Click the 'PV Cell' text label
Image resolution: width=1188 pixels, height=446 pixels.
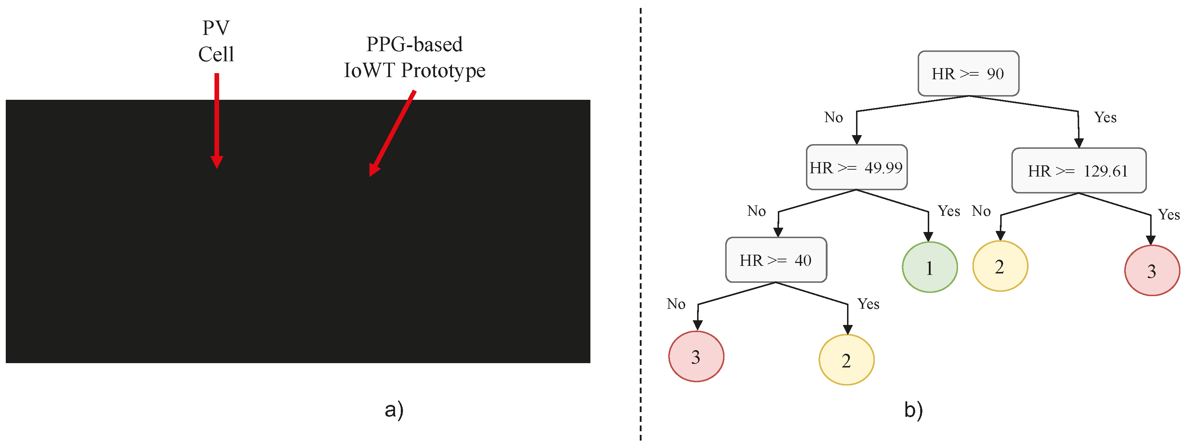click(x=216, y=41)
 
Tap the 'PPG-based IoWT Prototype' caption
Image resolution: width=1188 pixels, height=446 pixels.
click(x=414, y=58)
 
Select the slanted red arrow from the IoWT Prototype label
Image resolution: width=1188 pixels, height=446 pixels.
click(x=393, y=133)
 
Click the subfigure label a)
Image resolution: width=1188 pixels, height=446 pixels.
click(x=394, y=410)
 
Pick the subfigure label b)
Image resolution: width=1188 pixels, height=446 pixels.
click(x=913, y=410)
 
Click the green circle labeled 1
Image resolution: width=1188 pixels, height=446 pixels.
click(x=929, y=268)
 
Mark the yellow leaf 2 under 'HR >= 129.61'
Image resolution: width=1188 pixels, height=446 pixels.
click(x=1000, y=267)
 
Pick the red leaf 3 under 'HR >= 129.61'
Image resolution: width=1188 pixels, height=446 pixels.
click(x=1152, y=271)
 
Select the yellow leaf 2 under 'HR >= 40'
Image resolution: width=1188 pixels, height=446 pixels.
click(x=846, y=360)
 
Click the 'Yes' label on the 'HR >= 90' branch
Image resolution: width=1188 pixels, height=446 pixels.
click(x=1105, y=117)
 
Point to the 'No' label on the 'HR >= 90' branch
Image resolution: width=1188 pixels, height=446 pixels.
click(x=833, y=117)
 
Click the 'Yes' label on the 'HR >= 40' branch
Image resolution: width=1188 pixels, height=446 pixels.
click(x=868, y=304)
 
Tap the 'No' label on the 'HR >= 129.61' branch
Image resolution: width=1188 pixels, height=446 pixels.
click(x=981, y=211)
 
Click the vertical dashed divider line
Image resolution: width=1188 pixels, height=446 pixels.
click(x=640, y=230)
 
